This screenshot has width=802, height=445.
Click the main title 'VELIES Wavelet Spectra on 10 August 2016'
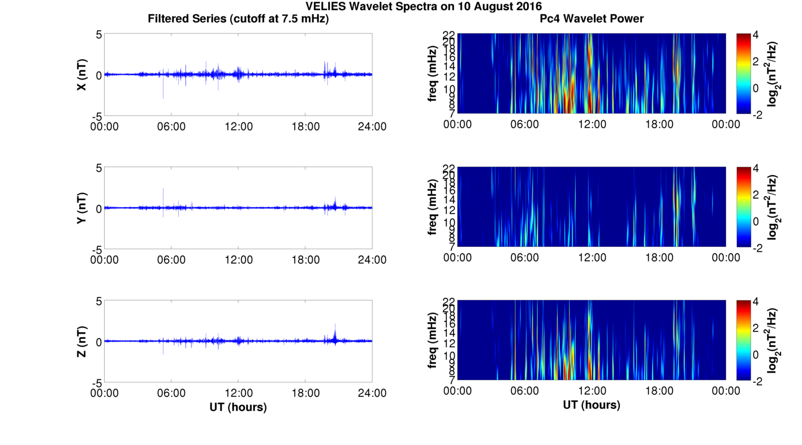(424, 7)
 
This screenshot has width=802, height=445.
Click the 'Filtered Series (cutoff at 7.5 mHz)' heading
(238, 19)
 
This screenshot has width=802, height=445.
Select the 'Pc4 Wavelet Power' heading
(592, 19)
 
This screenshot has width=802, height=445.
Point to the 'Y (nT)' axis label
(81, 208)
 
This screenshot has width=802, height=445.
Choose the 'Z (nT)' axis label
(81, 341)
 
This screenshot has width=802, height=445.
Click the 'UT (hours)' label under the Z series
(238, 407)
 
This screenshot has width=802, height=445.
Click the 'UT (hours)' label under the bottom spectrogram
(592, 405)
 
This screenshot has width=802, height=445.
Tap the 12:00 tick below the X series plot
(238, 126)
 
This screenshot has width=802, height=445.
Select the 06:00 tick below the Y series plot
(171, 260)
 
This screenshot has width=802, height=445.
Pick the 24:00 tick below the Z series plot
(372, 393)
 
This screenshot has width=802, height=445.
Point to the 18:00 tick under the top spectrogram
(659, 124)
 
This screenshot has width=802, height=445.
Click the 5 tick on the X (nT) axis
(98, 35)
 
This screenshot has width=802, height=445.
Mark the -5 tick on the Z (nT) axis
(96, 382)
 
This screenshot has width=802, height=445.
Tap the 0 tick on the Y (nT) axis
(98, 208)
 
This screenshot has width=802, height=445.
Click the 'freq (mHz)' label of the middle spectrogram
(433, 207)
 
